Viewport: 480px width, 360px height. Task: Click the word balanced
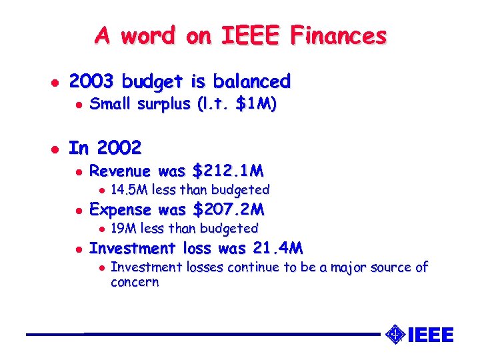tap(252, 81)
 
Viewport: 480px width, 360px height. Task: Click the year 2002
tap(119, 146)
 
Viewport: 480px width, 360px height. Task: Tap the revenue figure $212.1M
tap(227, 171)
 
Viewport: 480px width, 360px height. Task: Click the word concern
tap(135, 281)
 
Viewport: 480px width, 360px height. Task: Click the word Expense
tap(121, 209)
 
